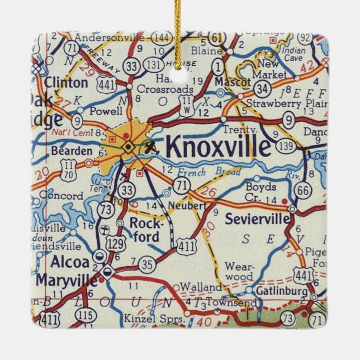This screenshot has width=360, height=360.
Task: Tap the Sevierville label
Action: pos(257,219)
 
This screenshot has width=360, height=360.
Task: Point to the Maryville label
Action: pos(65,280)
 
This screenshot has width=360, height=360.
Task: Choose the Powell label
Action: pos(105,110)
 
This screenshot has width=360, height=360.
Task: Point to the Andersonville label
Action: pos(110,37)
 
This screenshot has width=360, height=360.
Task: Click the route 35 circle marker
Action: pos(147,263)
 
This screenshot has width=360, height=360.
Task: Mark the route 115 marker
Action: pos(86,316)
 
